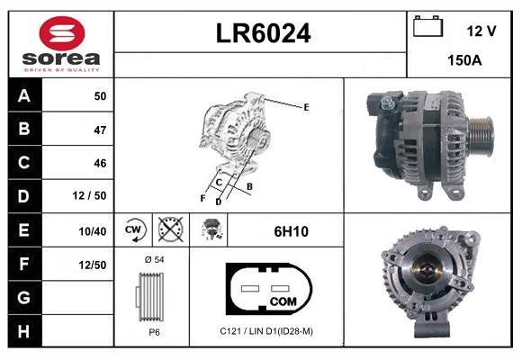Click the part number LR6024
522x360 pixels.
click(263, 34)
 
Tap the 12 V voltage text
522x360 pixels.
click(481, 31)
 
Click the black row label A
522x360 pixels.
click(23, 96)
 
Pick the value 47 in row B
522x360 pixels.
click(99, 130)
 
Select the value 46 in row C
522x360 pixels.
click(99, 163)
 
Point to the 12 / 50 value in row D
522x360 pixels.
click(92, 196)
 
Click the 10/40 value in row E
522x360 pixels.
click(93, 231)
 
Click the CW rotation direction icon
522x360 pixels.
click(133, 230)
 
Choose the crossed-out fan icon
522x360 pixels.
click(169, 230)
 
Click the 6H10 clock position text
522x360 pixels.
click(291, 231)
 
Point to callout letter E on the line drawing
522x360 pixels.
click(306, 107)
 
